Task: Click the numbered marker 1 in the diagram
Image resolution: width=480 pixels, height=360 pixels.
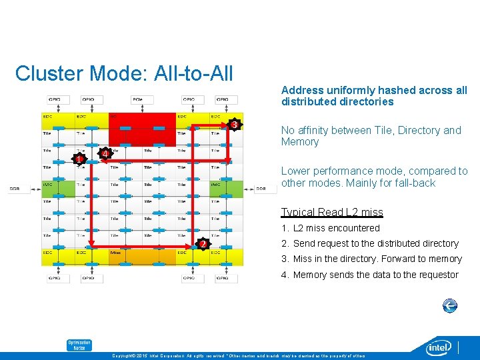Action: pyautogui.click(x=79, y=159)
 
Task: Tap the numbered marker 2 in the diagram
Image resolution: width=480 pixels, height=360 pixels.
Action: pyautogui.click(x=202, y=245)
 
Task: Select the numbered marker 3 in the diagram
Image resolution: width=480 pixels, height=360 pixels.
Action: pyautogui.click(x=233, y=125)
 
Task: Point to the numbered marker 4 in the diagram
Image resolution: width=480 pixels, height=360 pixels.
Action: pyautogui.click(x=104, y=154)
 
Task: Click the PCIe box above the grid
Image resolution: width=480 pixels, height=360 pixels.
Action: pyautogui.click(x=137, y=99)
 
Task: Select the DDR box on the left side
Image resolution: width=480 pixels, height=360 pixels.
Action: pyautogui.click(x=15, y=189)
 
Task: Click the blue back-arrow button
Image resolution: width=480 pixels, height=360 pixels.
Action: pyautogui.click(x=450, y=306)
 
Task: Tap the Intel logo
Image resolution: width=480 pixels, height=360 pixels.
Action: pyautogui.click(x=439, y=347)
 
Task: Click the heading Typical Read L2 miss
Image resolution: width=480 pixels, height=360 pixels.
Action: pyautogui.click(x=331, y=212)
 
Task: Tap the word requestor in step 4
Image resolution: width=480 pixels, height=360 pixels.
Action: pyautogui.click(x=437, y=275)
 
